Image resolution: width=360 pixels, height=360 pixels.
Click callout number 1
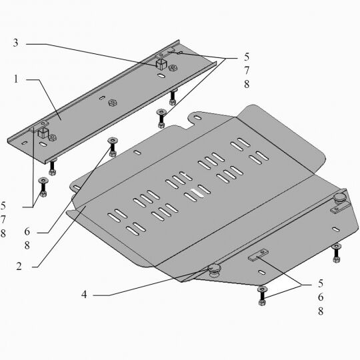15,79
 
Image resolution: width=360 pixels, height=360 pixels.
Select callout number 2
19,266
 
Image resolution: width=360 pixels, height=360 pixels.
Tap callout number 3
15,43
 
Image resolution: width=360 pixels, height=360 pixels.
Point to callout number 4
84,295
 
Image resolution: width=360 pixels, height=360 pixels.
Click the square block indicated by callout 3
161,64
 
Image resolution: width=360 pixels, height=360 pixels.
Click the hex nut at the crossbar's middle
113,103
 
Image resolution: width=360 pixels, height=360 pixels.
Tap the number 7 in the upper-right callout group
247,71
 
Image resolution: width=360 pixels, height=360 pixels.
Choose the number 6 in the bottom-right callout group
321,297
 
